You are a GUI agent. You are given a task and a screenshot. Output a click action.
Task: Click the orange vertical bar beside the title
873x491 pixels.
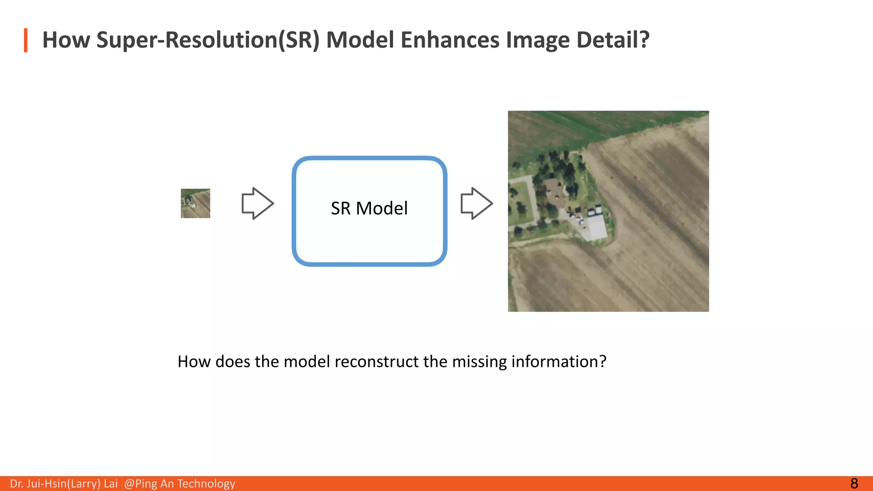tap(26, 40)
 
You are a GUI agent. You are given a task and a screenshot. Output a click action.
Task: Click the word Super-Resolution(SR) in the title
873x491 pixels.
tap(208, 40)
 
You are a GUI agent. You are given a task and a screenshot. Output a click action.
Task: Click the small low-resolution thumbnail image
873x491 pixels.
tap(195, 203)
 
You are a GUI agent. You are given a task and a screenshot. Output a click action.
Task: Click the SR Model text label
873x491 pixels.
tap(369, 208)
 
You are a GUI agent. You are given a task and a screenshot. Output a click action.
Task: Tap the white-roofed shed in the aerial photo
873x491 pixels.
tap(596, 227)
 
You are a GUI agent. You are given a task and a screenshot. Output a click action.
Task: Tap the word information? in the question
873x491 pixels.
tap(558, 361)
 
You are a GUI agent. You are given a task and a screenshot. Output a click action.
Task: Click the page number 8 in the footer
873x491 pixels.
tap(854, 483)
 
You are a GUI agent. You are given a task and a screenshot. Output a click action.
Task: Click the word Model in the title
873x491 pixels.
tap(360, 40)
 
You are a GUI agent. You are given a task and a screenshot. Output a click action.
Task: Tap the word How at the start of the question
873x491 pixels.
tap(194, 361)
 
